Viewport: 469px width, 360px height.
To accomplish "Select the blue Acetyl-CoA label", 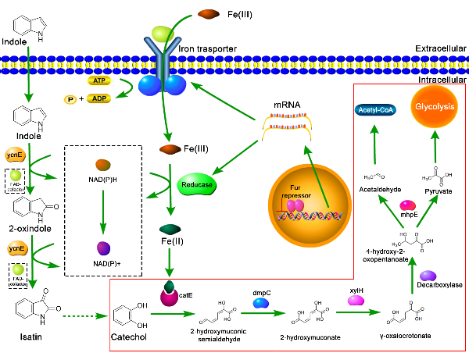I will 376,111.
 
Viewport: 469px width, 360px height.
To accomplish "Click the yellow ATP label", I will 98,80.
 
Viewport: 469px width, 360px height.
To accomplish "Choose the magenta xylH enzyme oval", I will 356,300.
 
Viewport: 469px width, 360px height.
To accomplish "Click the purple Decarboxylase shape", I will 429,276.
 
